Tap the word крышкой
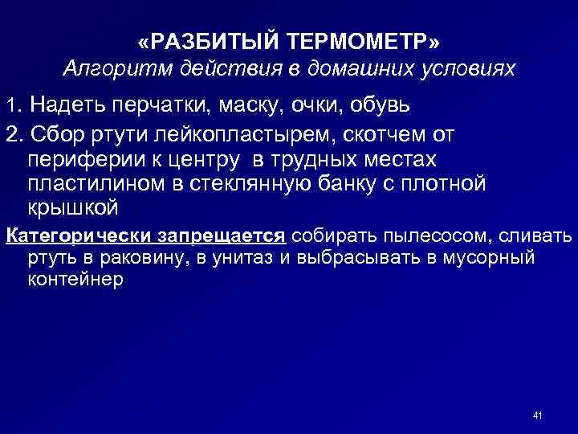pyautogui.click(x=73, y=207)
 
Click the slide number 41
pyautogui.click(x=538, y=416)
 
